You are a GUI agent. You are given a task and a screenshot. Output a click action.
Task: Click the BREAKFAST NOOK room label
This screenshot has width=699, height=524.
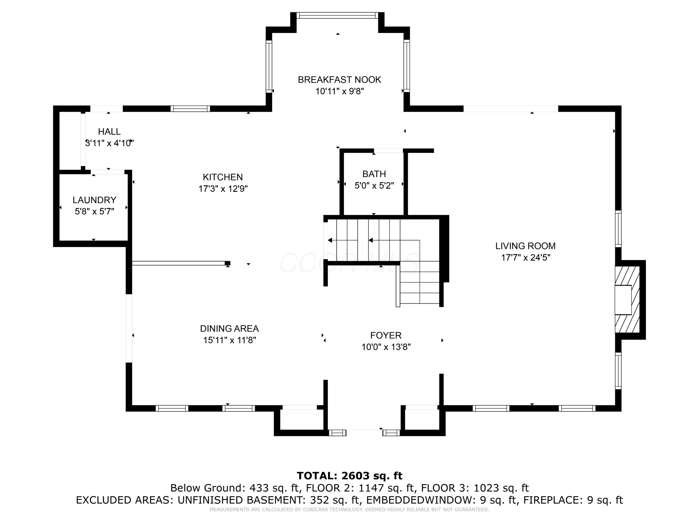339,80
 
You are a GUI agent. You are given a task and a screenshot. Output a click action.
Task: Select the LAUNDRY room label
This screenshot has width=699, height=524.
95,200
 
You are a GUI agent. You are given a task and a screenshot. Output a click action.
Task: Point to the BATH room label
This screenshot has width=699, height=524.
374,174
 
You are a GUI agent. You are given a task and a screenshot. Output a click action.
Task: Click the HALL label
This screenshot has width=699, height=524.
109,131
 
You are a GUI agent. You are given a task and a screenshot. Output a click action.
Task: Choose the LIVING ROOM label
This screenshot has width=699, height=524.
525,246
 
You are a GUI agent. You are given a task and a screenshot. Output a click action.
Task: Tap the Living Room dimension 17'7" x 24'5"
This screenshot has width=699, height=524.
525,257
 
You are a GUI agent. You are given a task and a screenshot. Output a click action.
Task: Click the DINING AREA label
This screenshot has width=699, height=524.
230,328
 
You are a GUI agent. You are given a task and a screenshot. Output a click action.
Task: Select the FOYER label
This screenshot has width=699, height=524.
386,335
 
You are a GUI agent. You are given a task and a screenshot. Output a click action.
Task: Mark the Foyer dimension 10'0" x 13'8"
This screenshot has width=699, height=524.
386,347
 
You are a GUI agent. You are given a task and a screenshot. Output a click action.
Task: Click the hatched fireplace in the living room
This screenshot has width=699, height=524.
627,299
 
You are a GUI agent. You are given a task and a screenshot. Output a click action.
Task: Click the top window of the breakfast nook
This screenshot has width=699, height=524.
337,15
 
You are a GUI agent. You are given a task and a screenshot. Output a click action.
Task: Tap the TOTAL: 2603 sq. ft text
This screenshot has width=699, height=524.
349,476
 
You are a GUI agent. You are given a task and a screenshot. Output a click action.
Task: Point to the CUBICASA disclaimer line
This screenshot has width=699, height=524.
349,510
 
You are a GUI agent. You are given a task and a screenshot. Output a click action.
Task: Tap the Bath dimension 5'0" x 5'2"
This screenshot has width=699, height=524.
374,185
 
